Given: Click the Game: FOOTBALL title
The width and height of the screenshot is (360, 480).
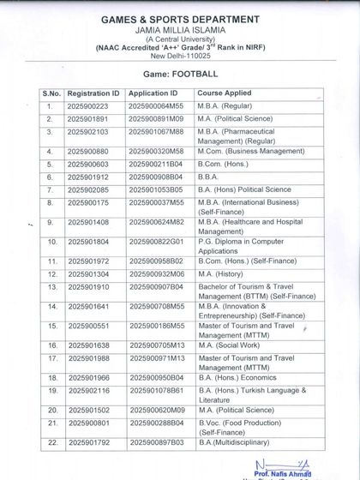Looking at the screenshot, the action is click(180, 75).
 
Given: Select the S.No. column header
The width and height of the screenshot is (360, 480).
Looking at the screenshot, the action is click(51, 92).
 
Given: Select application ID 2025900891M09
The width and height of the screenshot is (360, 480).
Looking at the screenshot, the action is click(156, 118).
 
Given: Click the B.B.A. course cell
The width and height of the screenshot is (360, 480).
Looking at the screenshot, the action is click(211, 177).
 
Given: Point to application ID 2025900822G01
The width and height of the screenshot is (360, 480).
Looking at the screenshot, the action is click(156, 243).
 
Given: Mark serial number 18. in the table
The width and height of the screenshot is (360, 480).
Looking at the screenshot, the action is click(51, 377).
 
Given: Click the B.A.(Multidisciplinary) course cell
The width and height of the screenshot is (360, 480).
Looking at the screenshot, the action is click(232, 443).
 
